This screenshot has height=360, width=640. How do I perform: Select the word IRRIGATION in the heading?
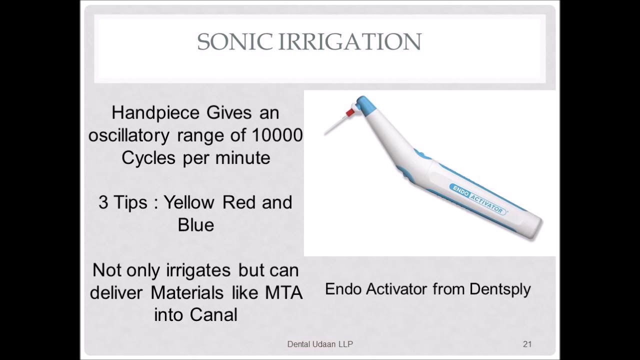350,42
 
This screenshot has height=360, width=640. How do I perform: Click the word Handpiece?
155,113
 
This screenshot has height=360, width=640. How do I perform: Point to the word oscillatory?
129,135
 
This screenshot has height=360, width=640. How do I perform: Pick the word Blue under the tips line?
195,225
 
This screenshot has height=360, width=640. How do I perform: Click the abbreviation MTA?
283,292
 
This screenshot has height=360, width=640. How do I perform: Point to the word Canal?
213,315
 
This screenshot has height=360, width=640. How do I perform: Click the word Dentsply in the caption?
500,289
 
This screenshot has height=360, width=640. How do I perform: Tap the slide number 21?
527,344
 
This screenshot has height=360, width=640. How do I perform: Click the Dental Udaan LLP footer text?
320,344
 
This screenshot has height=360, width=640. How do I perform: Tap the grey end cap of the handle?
536,226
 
